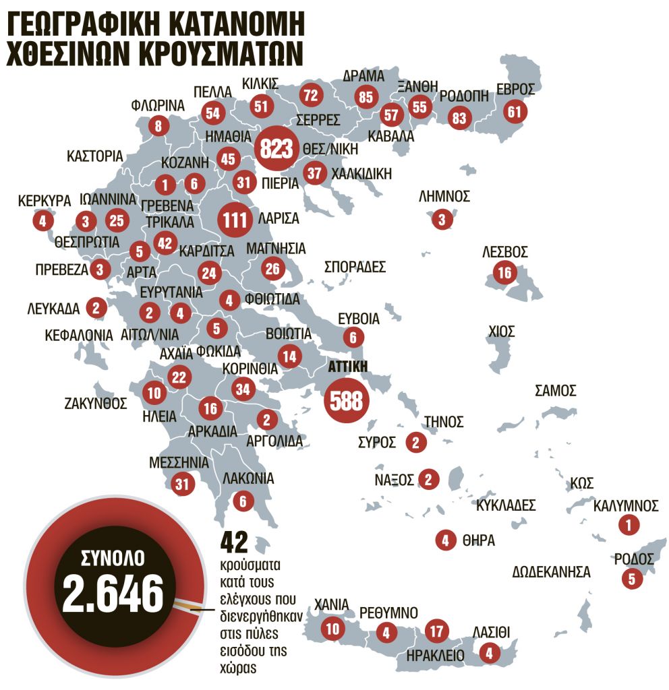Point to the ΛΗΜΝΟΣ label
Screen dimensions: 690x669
pyautogui.click(x=444, y=196)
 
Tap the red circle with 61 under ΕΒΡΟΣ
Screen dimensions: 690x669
pyautogui.click(x=515, y=111)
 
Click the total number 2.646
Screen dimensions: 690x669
pyautogui.click(x=113, y=593)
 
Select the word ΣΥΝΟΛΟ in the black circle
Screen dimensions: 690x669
pyautogui.click(x=113, y=558)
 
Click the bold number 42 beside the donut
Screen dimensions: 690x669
pyautogui.click(x=235, y=542)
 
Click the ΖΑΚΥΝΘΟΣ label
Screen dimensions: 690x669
pyautogui.click(x=96, y=404)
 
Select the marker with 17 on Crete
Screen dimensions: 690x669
pyautogui.click(x=436, y=631)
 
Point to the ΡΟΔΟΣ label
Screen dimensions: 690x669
pyautogui.click(x=634, y=559)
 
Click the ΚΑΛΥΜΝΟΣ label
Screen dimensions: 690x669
pyautogui.click(x=627, y=505)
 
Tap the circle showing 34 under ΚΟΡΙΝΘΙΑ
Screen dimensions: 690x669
pyautogui.click(x=244, y=389)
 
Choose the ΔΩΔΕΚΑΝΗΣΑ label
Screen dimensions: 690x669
pyautogui.click(x=551, y=573)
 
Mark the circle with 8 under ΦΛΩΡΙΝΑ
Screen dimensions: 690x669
pyautogui.click(x=158, y=125)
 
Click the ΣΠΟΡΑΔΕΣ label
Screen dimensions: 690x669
pyautogui.click(x=355, y=266)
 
